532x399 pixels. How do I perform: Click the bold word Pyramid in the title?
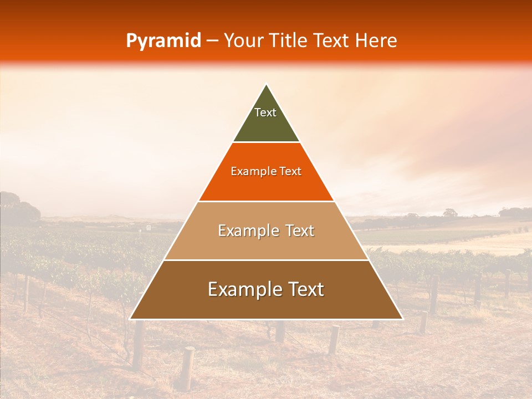tap(163, 41)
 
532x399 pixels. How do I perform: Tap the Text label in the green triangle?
tap(265, 112)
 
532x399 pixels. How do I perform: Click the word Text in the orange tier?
tap(290, 172)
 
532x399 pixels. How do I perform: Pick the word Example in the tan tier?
tap(247, 231)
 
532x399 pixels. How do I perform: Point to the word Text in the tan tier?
tap(300, 231)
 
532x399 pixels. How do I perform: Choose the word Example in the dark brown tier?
tap(242, 289)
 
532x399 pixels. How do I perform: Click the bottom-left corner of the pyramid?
tap(130, 319)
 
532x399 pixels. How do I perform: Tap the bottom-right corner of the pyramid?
tap(402, 319)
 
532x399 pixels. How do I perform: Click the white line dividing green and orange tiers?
tap(266, 142)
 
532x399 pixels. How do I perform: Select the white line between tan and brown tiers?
tap(266, 260)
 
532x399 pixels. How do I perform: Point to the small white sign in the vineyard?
tap(149, 228)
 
